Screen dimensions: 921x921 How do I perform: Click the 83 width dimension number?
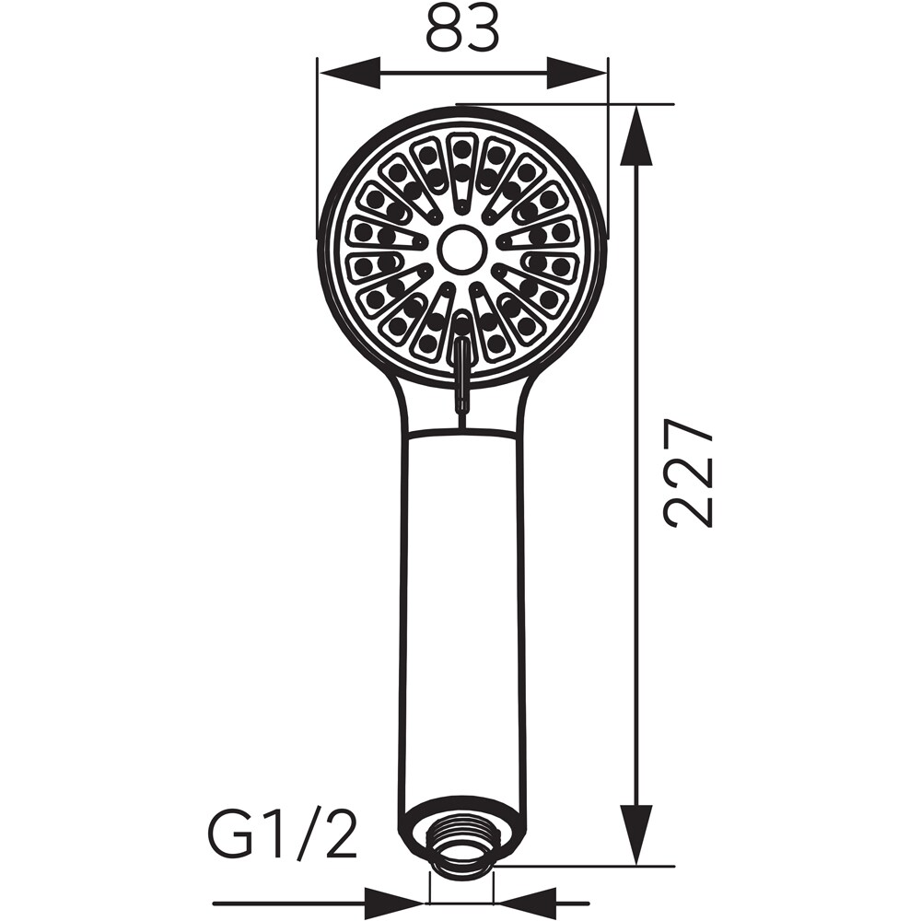pyautogui.click(x=462, y=29)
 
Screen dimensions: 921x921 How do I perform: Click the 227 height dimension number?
pyautogui.click(x=687, y=472)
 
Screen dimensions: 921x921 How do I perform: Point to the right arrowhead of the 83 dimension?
pyautogui.click(x=577, y=74)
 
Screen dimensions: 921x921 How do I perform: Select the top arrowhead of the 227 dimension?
pyautogui.click(x=636, y=137)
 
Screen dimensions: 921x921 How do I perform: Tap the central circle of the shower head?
pyautogui.click(x=462, y=250)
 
